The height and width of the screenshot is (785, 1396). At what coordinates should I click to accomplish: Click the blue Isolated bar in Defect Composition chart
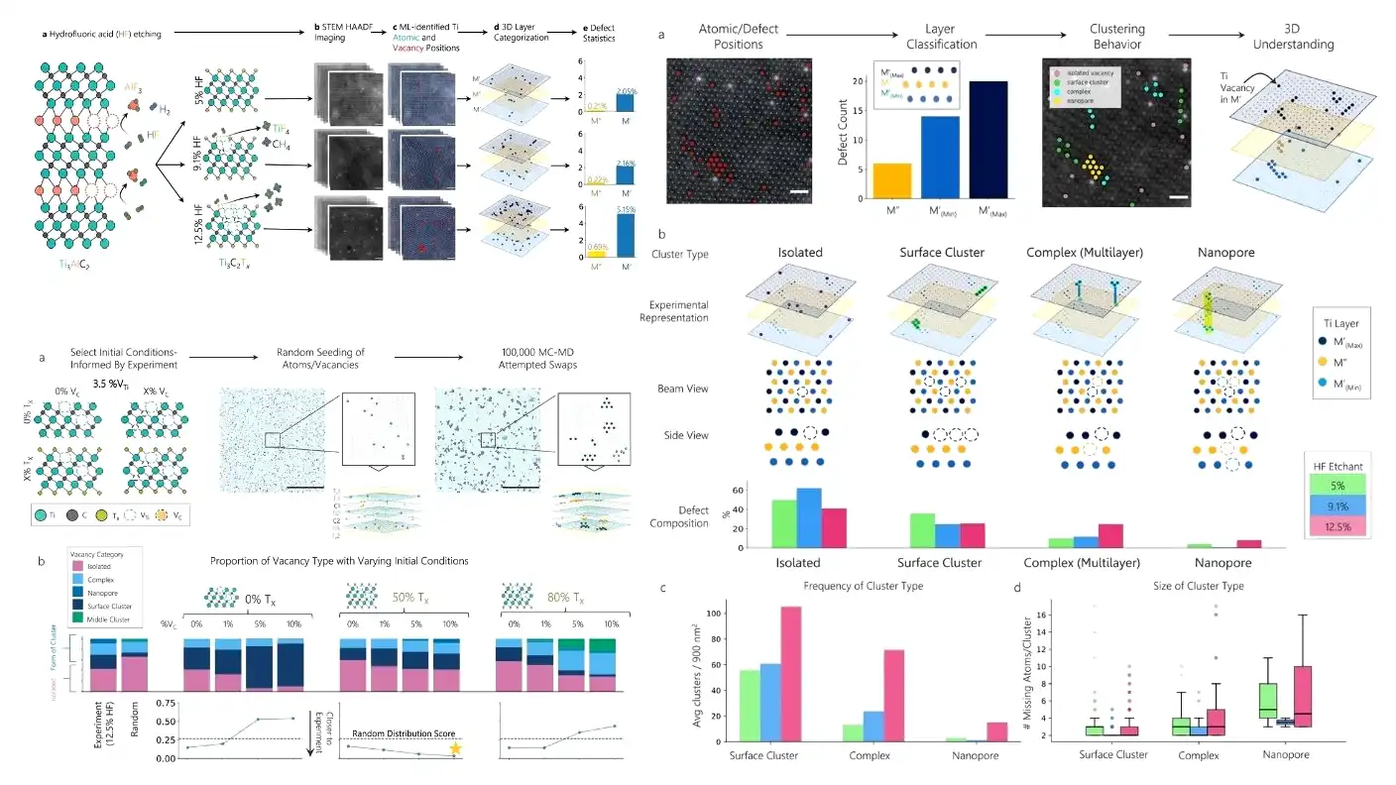[809, 517]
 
